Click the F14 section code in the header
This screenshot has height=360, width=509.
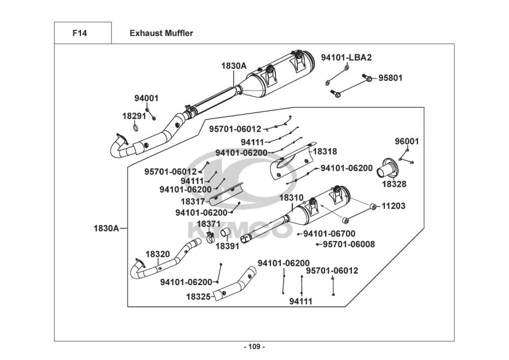[80, 34]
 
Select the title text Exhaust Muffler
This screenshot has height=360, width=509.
[161, 34]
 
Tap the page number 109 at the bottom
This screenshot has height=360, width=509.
[254, 347]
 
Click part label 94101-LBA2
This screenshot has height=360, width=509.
[346, 58]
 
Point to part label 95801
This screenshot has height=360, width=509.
[390, 78]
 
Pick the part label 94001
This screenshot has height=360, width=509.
[146, 98]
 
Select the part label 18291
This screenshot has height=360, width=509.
[134, 116]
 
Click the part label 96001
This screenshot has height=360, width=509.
[407, 141]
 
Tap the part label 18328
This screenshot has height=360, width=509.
[394, 184]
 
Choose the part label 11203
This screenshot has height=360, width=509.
[393, 206]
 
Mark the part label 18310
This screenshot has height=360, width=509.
[291, 198]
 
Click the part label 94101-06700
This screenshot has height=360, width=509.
[329, 234]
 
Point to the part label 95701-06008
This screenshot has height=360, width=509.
[349, 244]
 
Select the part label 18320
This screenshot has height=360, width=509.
[158, 254]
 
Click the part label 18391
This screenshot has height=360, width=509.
[227, 245]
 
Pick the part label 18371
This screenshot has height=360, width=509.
[208, 224]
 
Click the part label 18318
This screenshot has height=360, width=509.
[325, 152]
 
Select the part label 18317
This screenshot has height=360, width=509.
[193, 201]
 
